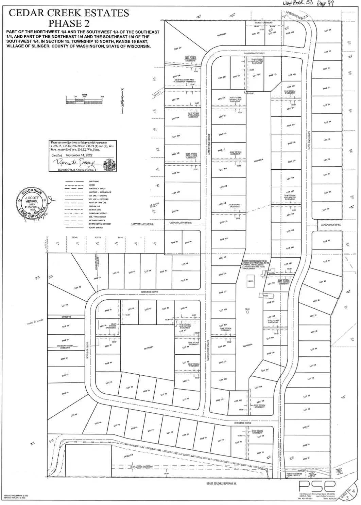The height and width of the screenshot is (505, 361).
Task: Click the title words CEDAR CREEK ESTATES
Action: tap(69, 13)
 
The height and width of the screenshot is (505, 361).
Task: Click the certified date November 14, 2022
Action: tap(79, 155)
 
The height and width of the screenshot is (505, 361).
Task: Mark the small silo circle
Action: tap(247, 312)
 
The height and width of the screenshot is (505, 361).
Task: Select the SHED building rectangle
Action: tap(251, 281)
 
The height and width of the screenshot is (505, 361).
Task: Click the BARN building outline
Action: tap(265, 296)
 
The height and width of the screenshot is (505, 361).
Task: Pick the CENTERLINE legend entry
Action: tap(94, 182)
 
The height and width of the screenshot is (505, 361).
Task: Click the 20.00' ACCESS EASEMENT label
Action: tap(141, 467)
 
